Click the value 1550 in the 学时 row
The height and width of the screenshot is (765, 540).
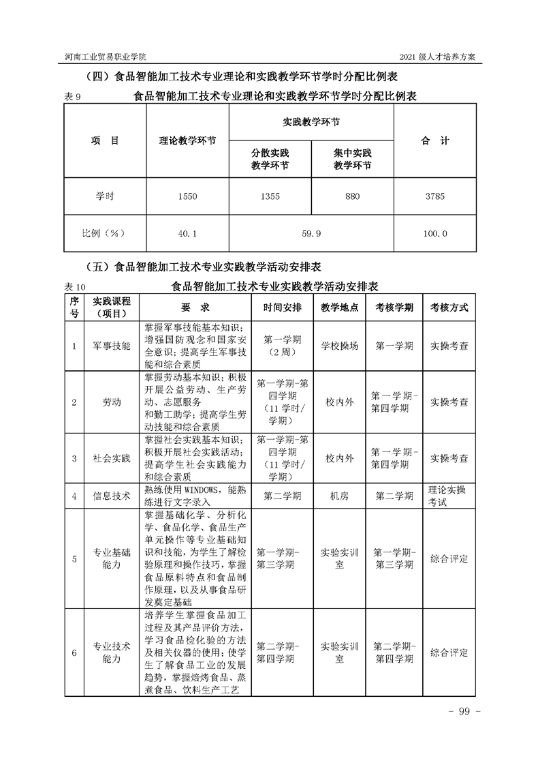(187, 196)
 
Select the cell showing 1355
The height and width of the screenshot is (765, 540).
(270, 196)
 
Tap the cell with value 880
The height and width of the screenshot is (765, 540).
(352, 196)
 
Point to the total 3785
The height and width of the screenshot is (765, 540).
(434, 196)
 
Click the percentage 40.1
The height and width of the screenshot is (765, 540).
(187, 233)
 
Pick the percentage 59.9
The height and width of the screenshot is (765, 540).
(311, 233)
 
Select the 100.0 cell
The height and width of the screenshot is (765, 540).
(434, 233)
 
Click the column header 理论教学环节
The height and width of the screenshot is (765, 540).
(187, 141)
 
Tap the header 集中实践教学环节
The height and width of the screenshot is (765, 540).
(352, 160)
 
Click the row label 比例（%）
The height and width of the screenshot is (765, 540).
(105, 233)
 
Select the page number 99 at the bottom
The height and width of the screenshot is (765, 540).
(465, 712)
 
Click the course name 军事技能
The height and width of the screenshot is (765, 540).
(112, 346)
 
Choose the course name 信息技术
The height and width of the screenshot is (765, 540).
(112, 496)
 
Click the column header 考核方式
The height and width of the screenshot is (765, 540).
(449, 307)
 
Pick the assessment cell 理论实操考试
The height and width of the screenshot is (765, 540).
(449, 496)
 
